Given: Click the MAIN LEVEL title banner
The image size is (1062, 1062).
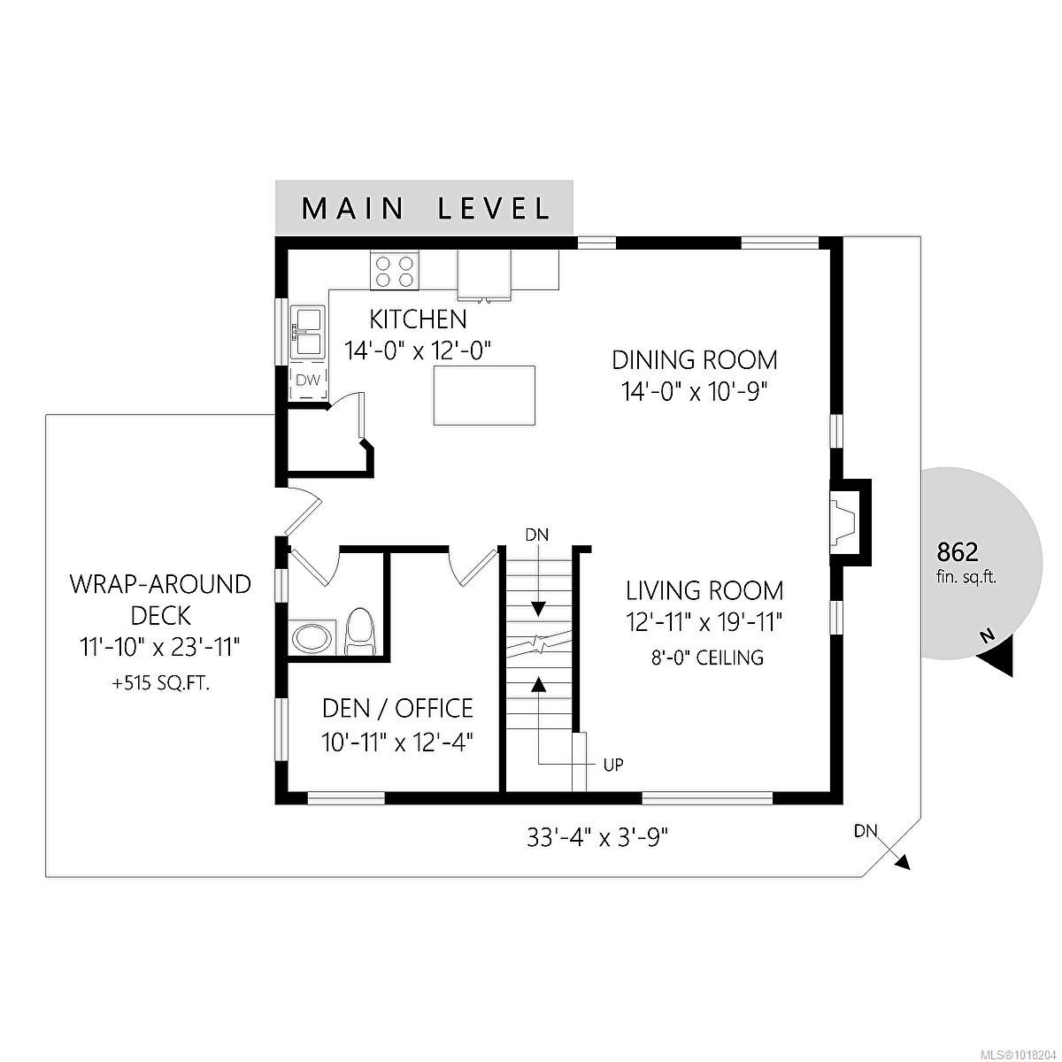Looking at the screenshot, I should coord(425,209).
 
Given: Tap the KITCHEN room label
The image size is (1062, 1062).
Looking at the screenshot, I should coord(418,319).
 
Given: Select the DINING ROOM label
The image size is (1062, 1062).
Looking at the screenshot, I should coord(695,360).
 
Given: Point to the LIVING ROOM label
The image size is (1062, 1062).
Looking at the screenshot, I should coord(704,590).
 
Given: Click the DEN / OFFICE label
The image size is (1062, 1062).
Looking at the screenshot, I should coord(397,708).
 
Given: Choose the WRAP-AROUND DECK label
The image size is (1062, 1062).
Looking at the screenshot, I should coord(160,599).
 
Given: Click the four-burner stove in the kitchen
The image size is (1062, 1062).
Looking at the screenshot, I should coord(394,270).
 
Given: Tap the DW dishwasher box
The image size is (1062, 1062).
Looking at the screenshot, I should coord(307,381).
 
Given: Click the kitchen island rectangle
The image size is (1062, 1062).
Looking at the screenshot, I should coord(485,396).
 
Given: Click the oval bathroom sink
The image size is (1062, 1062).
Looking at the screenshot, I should coord(313,637).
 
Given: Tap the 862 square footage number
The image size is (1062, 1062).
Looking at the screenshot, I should coord(958,552).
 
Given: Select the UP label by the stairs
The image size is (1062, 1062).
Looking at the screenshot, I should coord(613,765).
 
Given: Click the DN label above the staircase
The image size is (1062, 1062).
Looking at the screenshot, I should coord(537,535).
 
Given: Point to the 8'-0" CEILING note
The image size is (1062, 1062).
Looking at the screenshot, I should coord(704,658).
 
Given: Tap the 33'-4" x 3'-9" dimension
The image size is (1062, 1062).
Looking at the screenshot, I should coord(597,837).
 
